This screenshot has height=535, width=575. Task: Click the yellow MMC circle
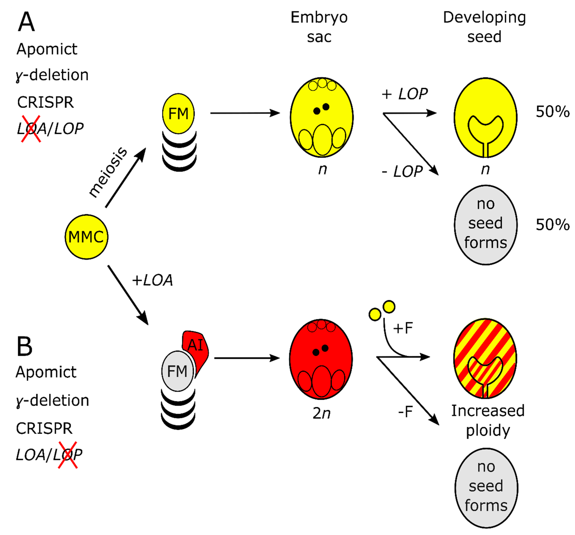point(86,237)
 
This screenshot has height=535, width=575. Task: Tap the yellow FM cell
point(178,114)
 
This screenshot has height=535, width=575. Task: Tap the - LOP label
point(402,172)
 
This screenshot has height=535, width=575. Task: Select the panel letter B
point(25,347)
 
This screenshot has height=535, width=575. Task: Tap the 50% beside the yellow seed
point(552,111)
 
